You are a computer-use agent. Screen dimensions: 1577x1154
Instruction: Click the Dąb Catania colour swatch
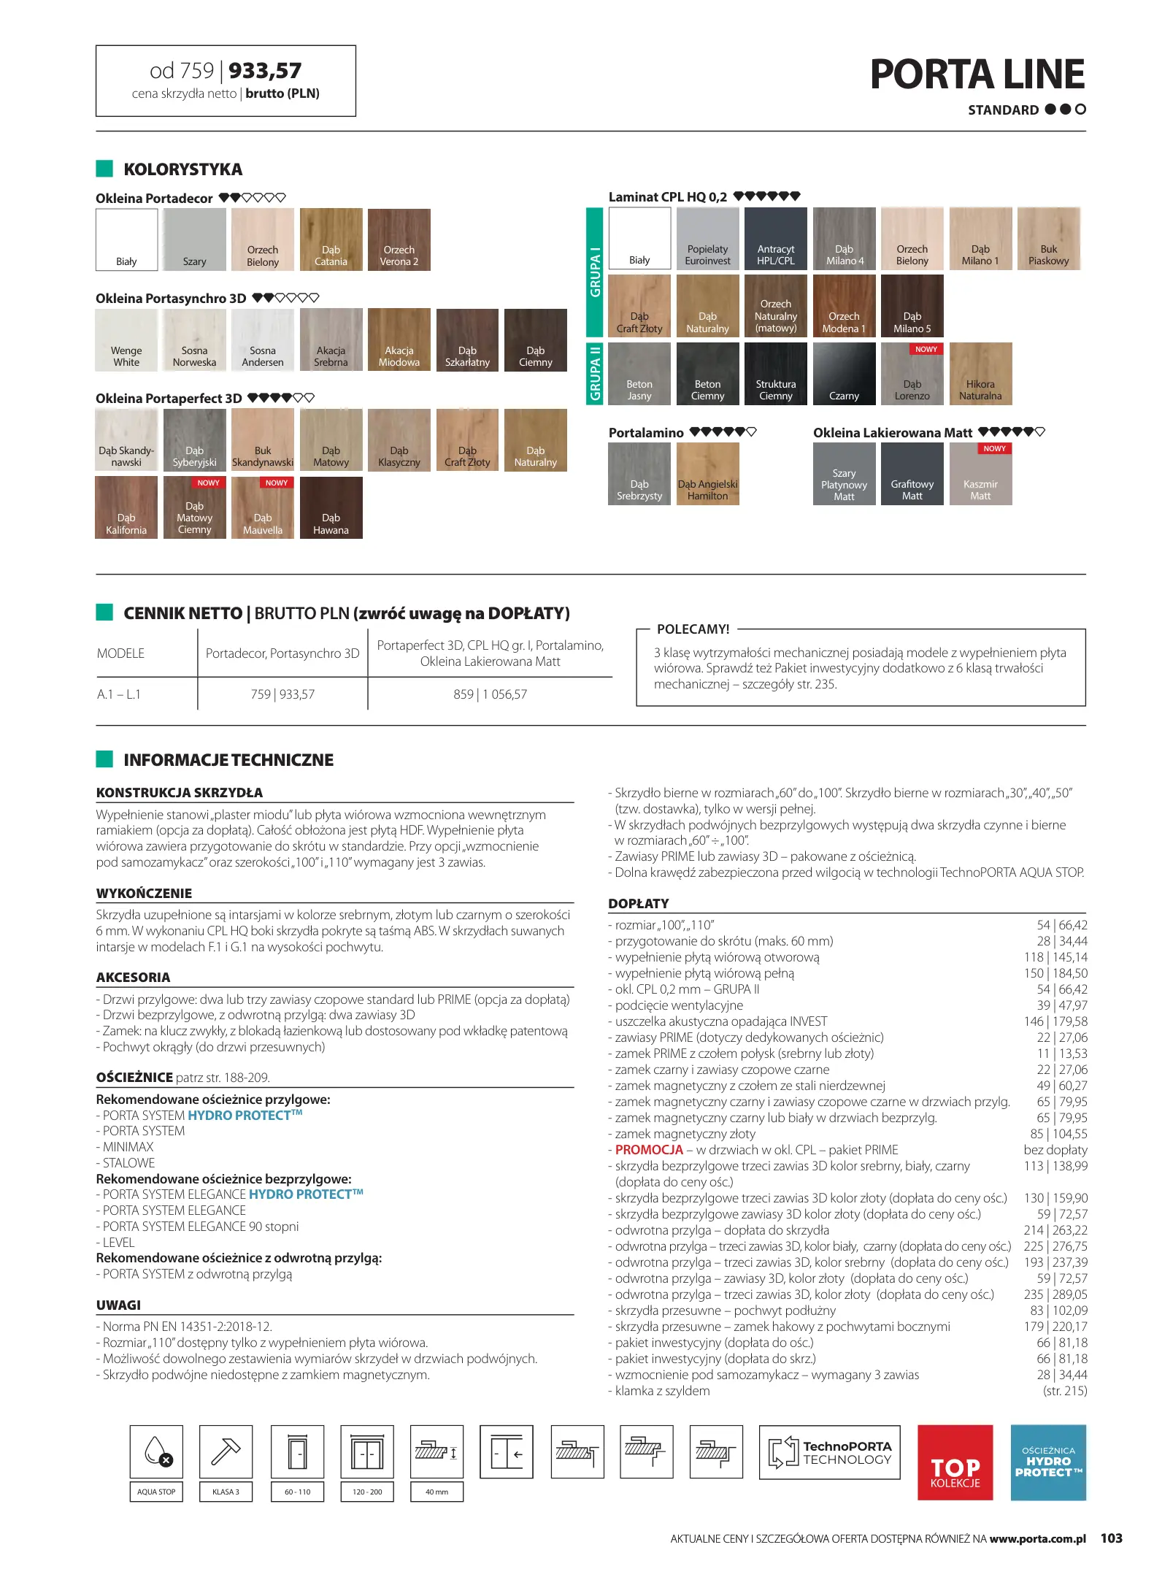click(331, 239)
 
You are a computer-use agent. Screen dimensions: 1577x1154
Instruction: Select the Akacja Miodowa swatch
click(399, 339)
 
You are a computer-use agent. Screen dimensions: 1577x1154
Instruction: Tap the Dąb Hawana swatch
click(331, 507)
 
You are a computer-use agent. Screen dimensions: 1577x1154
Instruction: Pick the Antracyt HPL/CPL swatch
click(775, 238)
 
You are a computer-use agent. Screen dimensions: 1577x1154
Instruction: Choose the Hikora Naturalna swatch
click(980, 373)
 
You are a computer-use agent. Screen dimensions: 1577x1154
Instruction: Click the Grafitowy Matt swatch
click(912, 474)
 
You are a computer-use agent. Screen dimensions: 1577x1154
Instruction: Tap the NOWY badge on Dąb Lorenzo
click(926, 350)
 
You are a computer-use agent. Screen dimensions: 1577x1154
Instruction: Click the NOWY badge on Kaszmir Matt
click(994, 449)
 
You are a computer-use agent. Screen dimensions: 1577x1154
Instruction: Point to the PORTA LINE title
click(977, 74)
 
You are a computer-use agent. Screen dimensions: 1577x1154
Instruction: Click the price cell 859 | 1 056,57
click(490, 694)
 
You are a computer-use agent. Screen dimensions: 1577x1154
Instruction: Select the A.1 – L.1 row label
click(119, 694)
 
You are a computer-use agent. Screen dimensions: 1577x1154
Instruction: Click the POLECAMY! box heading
click(693, 629)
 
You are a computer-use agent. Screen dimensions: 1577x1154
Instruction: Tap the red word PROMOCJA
click(648, 1150)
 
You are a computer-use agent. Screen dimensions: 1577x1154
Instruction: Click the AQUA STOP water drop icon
click(157, 1451)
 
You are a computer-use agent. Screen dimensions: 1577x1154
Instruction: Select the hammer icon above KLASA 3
click(226, 1451)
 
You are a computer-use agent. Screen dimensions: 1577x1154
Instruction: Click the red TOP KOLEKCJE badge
click(955, 1462)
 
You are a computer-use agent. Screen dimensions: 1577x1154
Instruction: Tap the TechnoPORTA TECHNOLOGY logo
click(829, 1452)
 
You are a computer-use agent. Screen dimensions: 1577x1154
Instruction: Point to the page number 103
click(1111, 1538)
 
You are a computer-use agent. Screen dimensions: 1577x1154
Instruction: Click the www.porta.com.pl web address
click(1037, 1539)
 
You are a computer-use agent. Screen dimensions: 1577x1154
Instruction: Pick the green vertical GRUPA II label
click(595, 373)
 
